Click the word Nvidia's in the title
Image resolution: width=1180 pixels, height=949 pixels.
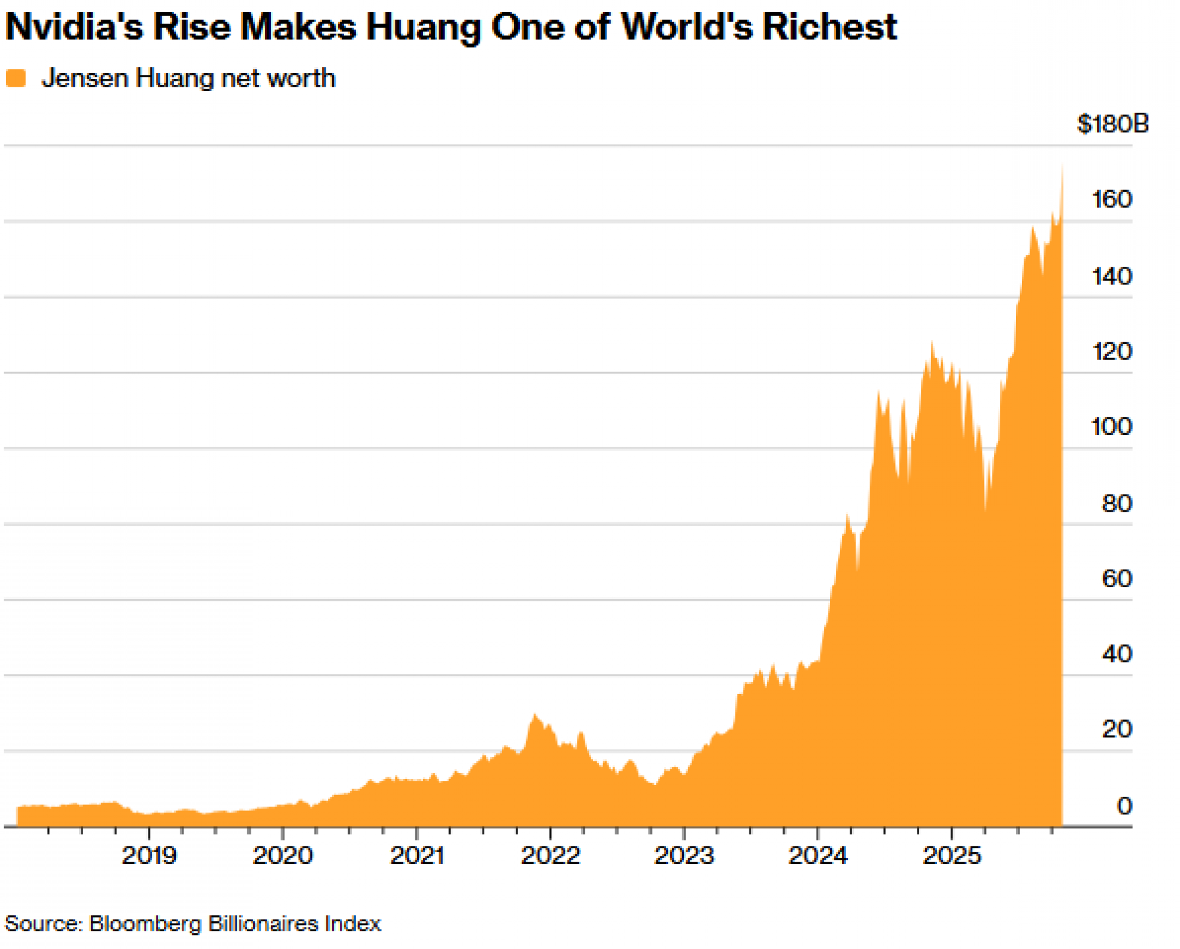74,27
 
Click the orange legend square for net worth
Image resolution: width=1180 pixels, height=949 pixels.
16,78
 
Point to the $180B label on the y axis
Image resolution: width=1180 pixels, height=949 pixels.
1112,124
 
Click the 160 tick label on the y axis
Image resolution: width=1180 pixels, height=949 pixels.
1112,199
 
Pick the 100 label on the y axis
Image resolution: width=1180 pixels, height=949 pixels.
1112,427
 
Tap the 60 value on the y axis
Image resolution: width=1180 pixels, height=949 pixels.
1117,578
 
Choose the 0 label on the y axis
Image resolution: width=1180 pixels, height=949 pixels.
1125,806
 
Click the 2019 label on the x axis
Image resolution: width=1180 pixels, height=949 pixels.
149,855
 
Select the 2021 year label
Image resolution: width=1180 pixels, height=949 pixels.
417,855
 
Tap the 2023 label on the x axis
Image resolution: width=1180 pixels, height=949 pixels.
684,855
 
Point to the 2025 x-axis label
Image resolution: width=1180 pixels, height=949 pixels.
952,855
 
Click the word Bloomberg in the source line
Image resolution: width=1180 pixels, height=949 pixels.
145,924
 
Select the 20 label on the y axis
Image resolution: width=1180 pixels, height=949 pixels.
1117,729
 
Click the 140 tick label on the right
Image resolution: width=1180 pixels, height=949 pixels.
1112,276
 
